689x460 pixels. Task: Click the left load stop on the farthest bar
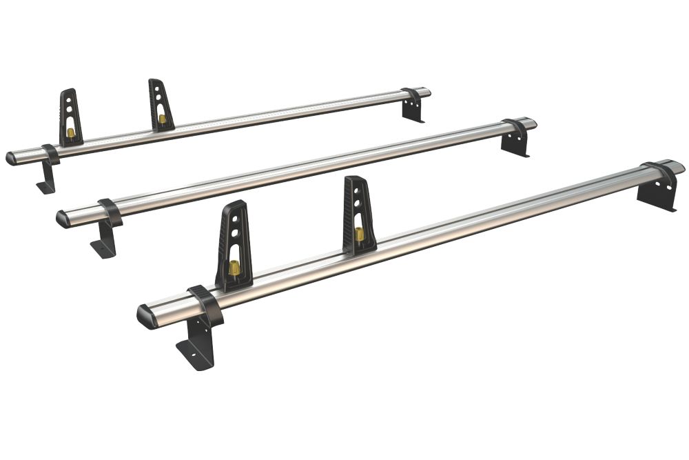[x=70, y=116]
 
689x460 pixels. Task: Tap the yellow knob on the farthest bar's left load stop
[x=70, y=132]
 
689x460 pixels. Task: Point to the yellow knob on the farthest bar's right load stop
[x=163, y=119]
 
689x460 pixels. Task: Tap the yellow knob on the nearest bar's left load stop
[x=234, y=268]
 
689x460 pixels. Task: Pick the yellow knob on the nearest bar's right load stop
[x=360, y=234]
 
